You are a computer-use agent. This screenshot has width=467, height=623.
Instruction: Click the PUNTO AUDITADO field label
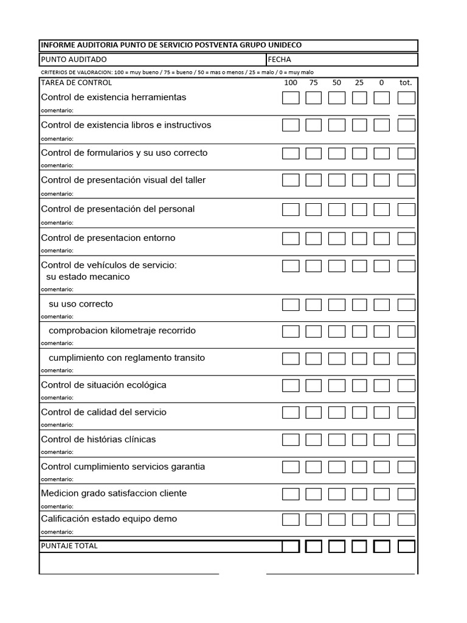pyautogui.click(x=74, y=60)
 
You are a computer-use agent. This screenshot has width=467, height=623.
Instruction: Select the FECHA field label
pyautogui.click(x=279, y=60)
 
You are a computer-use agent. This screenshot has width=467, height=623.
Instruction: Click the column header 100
pyautogui.click(x=291, y=83)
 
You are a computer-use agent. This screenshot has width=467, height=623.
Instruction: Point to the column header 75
pyautogui.click(x=313, y=83)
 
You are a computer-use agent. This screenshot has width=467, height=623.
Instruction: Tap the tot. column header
pyautogui.click(x=406, y=83)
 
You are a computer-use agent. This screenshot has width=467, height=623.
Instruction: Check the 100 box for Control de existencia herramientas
pyautogui.click(x=291, y=98)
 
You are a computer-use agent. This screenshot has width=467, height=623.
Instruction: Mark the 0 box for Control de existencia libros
pyautogui.click(x=382, y=125)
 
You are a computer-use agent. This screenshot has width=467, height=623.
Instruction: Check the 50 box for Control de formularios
pyautogui.click(x=337, y=153)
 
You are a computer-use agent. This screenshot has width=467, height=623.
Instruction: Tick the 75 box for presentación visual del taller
pyautogui.click(x=314, y=181)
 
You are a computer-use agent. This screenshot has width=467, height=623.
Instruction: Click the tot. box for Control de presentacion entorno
pyautogui.click(x=406, y=238)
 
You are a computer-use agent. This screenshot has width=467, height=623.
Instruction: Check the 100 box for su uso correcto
pyautogui.click(x=291, y=305)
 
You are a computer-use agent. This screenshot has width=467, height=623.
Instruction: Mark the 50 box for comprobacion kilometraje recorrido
pyautogui.click(x=337, y=332)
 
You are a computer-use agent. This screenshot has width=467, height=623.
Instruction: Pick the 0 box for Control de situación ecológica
pyautogui.click(x=382, y=386)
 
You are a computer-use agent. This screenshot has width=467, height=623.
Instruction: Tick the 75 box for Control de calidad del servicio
pyautogui.click(x=314, y=412)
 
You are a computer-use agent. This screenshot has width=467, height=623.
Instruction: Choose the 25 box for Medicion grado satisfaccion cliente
pyautogui.click(x=359, y=493)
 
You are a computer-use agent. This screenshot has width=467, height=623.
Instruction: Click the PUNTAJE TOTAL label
pyautogui.click(x=69, y=546)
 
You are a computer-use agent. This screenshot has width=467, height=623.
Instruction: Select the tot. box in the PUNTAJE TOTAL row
pyautogui.click(x=406, y=546)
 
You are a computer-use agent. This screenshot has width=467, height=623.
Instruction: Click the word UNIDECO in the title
pyautogui.click(x=282, y=46)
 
